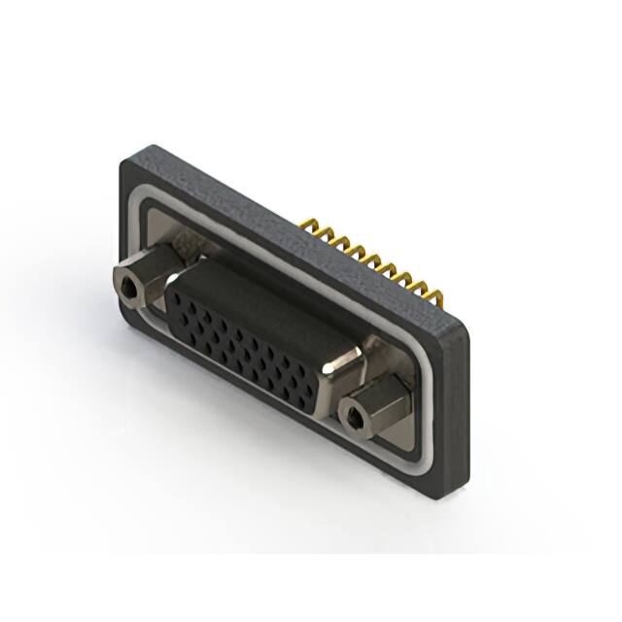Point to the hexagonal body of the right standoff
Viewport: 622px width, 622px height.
[374, 398]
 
